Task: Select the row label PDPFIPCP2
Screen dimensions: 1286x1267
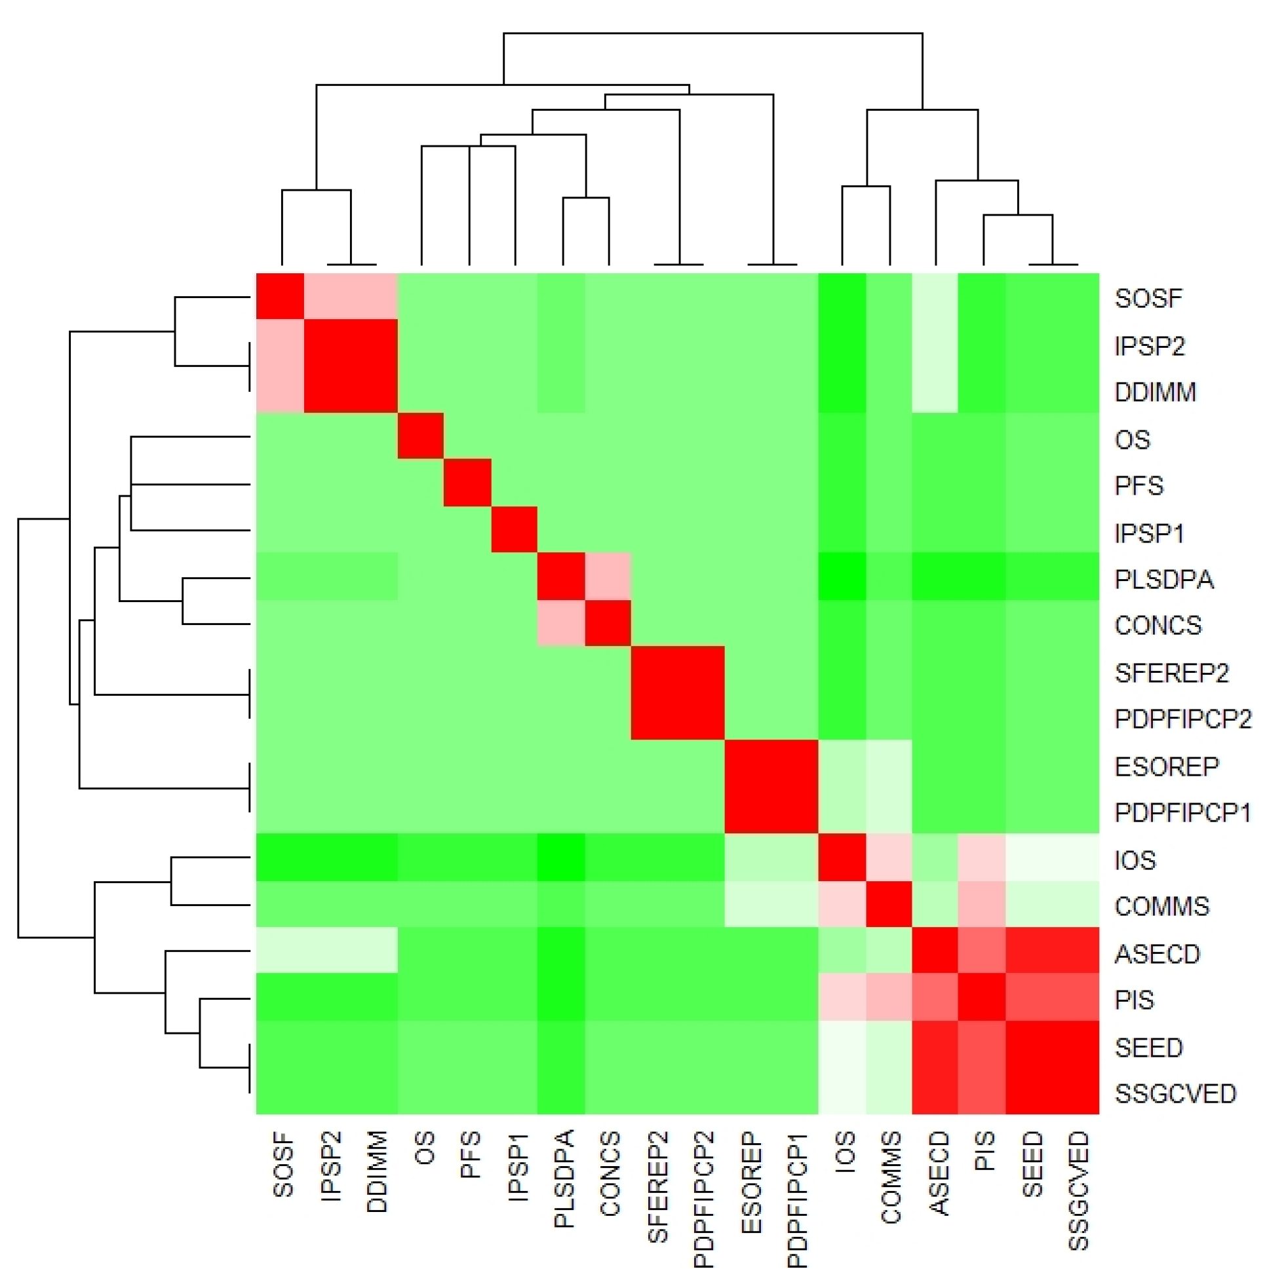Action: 1182,719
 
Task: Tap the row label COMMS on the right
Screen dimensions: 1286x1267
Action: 1161,905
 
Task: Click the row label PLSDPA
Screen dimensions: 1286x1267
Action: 1164,579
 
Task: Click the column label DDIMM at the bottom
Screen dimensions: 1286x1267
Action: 377,1171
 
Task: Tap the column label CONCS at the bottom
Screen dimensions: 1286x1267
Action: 610,1173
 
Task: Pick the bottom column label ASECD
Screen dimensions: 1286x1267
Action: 938,1173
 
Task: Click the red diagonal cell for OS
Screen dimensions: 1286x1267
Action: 421,436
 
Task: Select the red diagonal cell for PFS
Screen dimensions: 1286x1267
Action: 468,483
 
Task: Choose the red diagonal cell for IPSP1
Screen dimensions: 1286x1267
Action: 515,529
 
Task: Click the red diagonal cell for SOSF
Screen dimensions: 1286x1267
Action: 280,296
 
